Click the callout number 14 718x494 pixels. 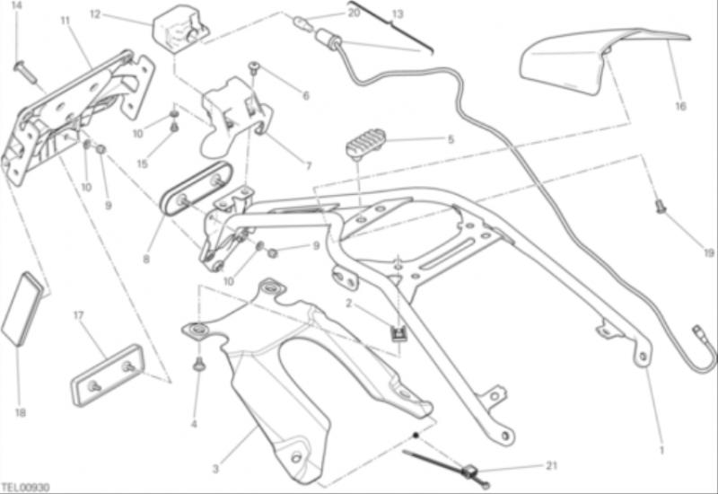click(x=16, y=5)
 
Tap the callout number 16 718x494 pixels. click(x=681, y=106)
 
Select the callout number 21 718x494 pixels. click(x=552, y=465)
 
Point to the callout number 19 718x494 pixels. click(x=709, y=253)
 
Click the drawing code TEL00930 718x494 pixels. click(x=26, y=487)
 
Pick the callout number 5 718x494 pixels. click(x=451, y=139)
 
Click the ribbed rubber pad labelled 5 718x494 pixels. click(x=365, y=143)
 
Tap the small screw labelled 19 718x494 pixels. click(x=661, y=207)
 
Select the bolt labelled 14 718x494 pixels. click(x=25, y=72)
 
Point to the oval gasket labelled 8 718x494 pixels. click(x=197, y=188)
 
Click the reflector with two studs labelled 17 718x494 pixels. click(x=108, y=375)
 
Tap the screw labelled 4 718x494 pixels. click(x=198, y=364)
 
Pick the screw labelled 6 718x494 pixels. click(x=254, y=68)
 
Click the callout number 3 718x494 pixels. click(x=215, y=469)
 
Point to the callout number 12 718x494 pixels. click(x=95, y=14)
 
